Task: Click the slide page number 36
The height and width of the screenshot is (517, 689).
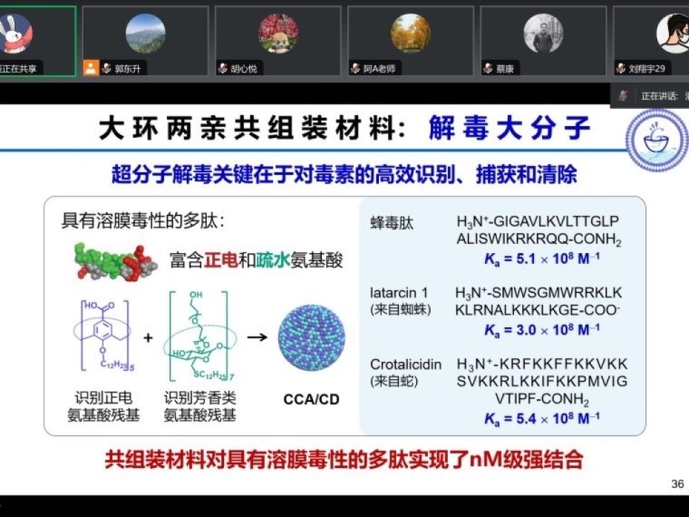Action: [x=677, y=483]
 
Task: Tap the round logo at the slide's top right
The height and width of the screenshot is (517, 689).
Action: [x=656, y=141]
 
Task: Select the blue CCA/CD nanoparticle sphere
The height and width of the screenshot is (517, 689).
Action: [x=311, y=337]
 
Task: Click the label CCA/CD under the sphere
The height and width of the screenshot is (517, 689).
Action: [x=311, y=399]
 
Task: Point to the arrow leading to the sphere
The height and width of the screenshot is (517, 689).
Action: [x=257, y=337]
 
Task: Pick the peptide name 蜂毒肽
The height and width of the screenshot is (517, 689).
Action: [x=392, y=222]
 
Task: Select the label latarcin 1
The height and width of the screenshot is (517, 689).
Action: [x=400, y=293]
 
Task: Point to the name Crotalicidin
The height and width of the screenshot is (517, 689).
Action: [x=406, y=365]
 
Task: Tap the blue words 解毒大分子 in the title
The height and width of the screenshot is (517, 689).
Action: [x=510, y=128]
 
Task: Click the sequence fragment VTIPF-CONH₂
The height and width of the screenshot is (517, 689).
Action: [x=542, y=400]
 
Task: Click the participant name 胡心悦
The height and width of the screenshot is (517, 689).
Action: [x=244, y=68]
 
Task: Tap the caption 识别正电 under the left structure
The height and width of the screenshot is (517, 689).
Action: [x=103, y=398]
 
